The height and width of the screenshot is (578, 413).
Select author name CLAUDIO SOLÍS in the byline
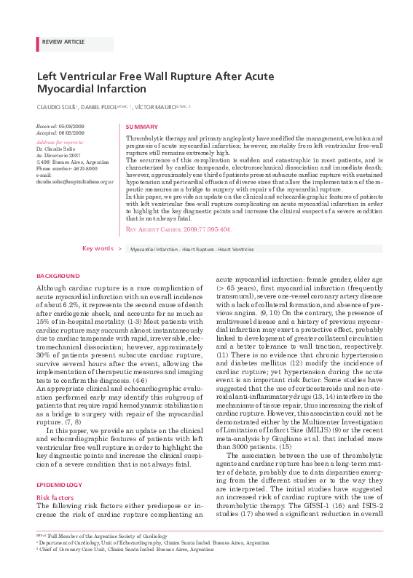coord(56,107)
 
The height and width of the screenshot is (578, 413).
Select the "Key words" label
coord(97,248)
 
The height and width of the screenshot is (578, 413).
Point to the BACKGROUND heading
coord(58,277)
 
